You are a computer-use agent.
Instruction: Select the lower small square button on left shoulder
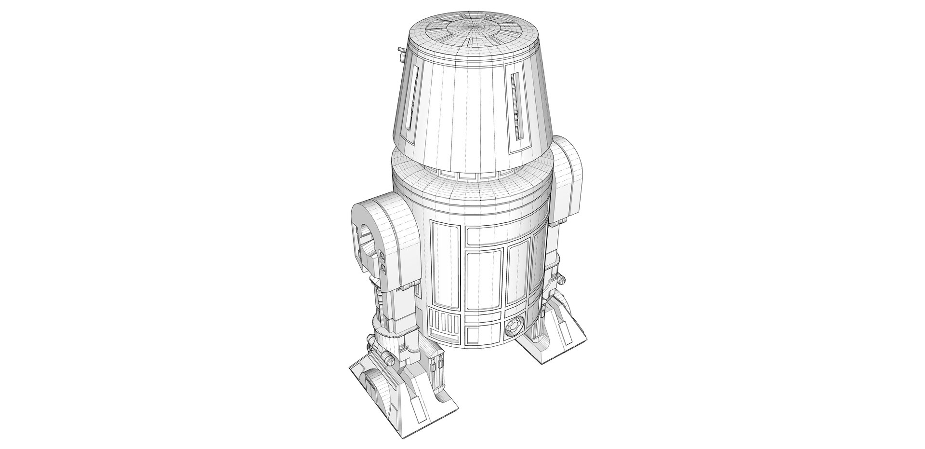[383, 267]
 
